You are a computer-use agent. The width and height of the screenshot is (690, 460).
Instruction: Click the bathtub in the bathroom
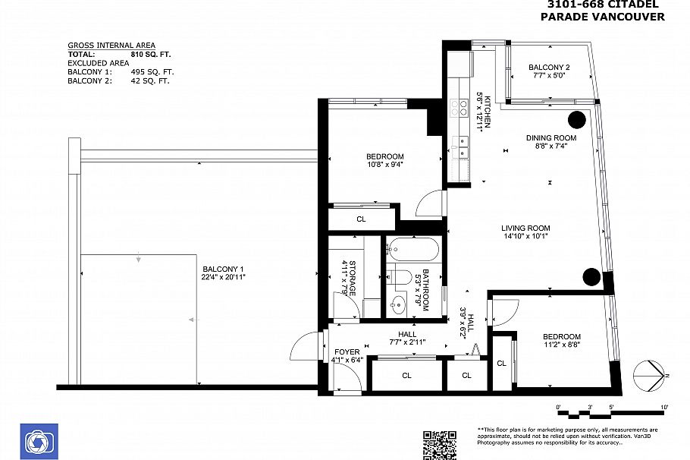pos(412,250)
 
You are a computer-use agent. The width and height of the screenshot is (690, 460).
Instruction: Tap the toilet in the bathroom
pos(400,277)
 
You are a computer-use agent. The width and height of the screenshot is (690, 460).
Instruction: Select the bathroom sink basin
pos(398,303)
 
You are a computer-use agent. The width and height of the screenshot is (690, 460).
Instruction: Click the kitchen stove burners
pos(459,109)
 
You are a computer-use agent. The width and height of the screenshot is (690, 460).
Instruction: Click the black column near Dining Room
pos(577,119)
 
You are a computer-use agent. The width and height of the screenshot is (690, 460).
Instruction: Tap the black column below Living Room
pos(591,276)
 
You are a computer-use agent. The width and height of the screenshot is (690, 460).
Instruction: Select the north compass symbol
pos(650,376)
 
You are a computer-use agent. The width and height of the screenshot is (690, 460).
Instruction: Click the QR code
pos(440,446)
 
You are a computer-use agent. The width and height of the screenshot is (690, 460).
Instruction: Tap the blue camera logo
pos(39,442)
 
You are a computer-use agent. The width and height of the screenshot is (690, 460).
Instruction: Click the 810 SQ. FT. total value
pos(150,55)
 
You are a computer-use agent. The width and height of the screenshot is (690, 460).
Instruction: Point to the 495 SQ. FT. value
pos(152,72)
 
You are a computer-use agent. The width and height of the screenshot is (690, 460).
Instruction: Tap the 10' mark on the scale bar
pos(664,407)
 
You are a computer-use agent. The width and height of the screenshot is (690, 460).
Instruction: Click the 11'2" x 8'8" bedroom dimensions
pos(562,345)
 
